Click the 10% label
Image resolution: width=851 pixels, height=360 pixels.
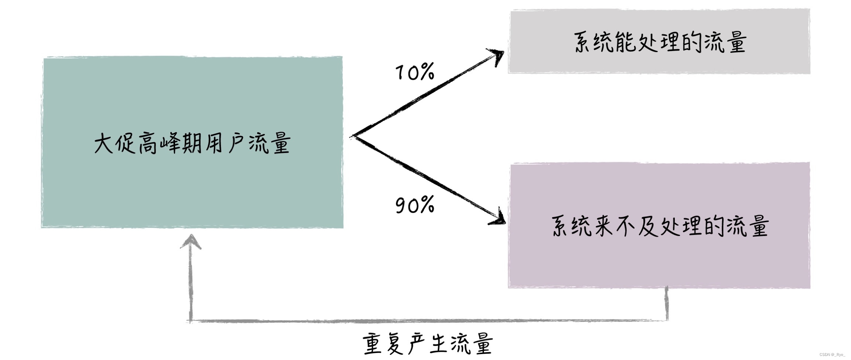[415, 72]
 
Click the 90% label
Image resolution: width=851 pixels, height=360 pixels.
[415, 205]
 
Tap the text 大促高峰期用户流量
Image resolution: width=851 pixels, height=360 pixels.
[192, 143]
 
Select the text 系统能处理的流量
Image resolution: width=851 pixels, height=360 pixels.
[660, 42]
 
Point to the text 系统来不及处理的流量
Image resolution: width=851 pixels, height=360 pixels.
[660, 226]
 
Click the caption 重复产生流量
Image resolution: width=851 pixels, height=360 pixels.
[428, 344]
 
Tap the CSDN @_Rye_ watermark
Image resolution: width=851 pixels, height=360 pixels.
[832, 354]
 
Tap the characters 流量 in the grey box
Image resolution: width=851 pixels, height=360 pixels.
[725, 42]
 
